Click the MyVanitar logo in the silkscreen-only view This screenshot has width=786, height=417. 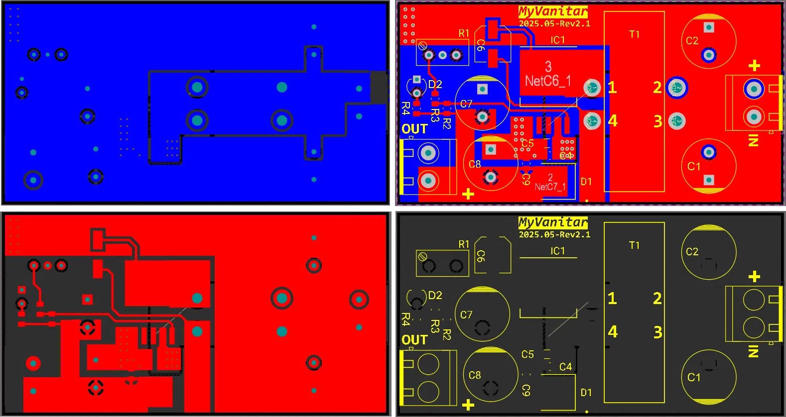(553, 222)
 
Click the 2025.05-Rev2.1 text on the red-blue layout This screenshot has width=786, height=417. (554, 23)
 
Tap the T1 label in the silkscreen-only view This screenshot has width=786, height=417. (634, 245)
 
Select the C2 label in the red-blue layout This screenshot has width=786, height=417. (692, 41)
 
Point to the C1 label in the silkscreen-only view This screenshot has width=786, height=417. (693, 377)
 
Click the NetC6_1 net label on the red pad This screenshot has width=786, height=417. (548, 81)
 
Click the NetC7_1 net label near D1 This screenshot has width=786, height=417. (550, 187)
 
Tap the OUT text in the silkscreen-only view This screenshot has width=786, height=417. (414, 340)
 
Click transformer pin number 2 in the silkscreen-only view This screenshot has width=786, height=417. (657, 299)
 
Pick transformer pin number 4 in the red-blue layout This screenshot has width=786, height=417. (613, 121)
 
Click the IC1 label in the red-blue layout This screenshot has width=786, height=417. (558, 40)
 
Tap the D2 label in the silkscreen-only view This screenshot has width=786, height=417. (435, 296)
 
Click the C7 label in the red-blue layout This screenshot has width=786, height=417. (466, 104)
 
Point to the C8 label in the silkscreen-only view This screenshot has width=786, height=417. (475, 375)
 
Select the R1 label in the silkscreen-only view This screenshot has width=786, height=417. (464, 244)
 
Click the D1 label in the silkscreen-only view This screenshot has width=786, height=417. (586, 393)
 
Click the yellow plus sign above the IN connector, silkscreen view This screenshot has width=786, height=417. (754, 277)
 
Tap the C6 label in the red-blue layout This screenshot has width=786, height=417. (481, 45)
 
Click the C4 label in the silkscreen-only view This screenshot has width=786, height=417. (565, 367)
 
